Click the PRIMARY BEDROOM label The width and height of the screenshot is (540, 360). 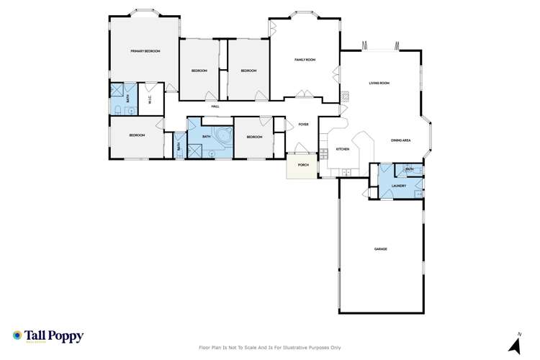(x=145, y=51)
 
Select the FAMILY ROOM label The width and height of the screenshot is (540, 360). (x=305, y=59)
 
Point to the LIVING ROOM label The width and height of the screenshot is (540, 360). (x=379, y=83)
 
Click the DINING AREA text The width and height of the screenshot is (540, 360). (x=401, y=140)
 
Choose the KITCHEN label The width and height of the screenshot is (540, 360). (x=343, y=149)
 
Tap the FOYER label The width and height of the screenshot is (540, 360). (x=303, y=125)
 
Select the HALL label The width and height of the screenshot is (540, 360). (x=215, y=107)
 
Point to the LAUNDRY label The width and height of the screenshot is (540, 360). (x=400, y=186)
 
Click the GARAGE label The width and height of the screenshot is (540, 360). (x=380, y=249)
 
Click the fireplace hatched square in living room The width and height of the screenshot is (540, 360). (x=344, y=94)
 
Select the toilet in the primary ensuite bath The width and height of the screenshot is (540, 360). (x=117, y=109)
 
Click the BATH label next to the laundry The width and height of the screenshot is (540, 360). (x=409, y=169)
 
